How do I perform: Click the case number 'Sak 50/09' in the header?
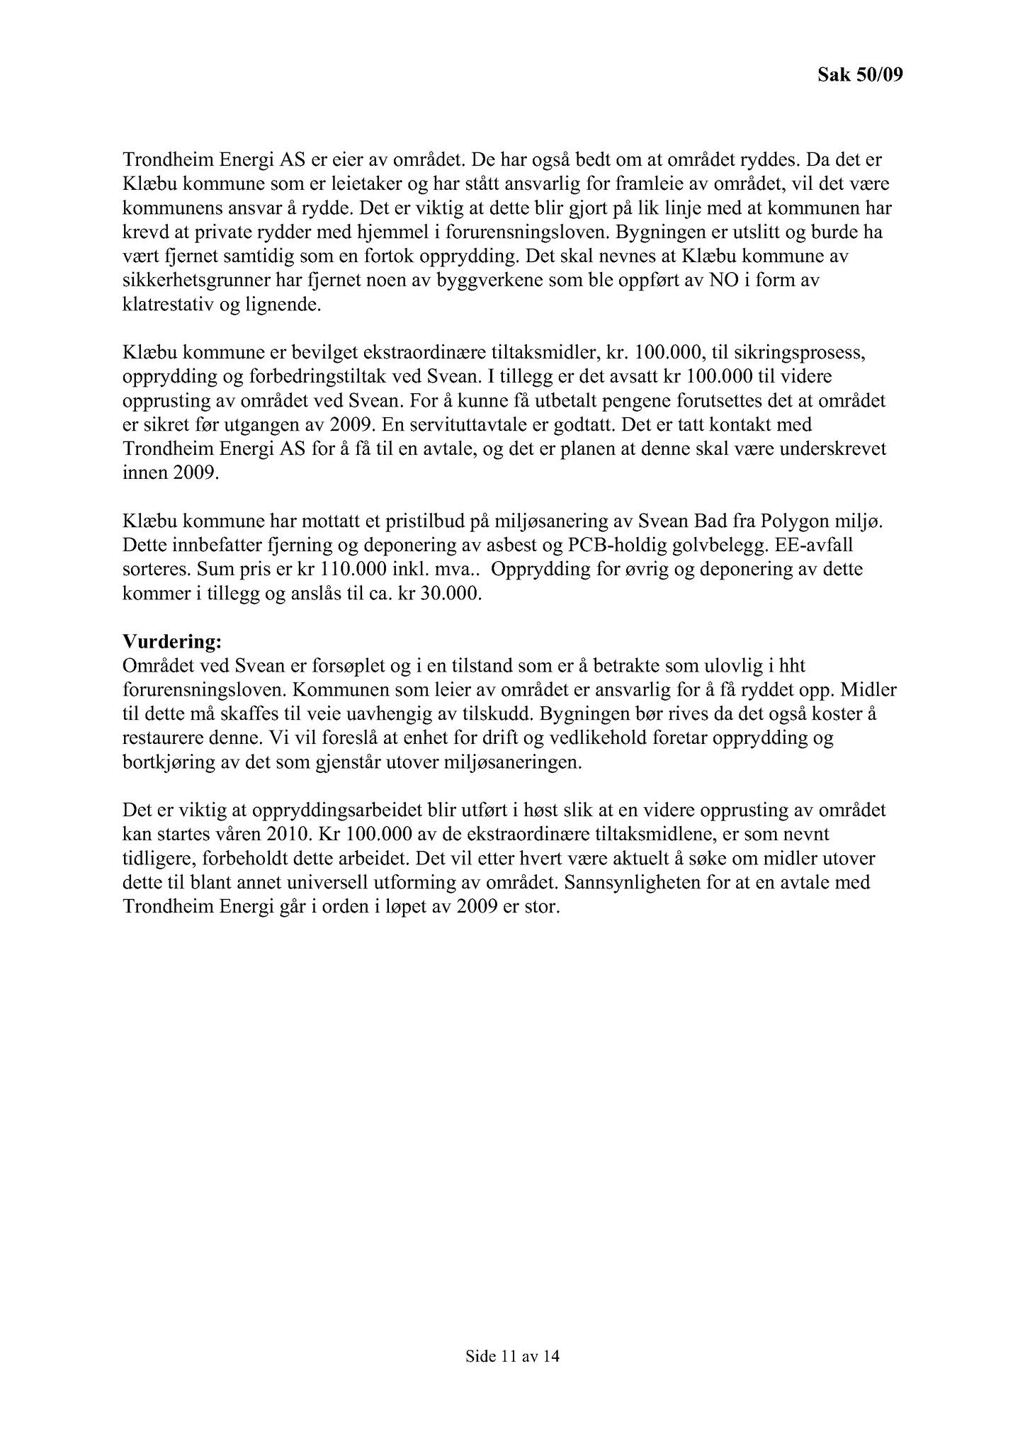pyautogui.click(x=860, y=74)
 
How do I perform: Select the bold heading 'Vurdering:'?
pyautogui.click(x=172, y=642)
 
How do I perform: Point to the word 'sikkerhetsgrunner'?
pyautogui.click(x=186, y=281)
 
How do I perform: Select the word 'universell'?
pyautogui.click(x=324, y=883)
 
